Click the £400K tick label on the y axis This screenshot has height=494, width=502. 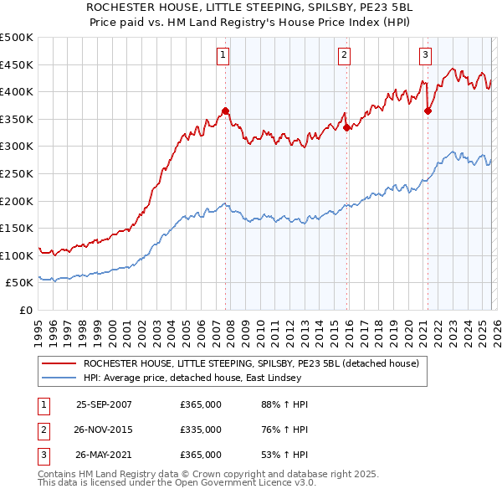pyautogui.click(x=17, y=92)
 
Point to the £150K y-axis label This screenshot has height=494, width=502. pyautogui.click(x=17, y=228)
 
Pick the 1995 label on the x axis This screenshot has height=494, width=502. pyautogui.click(x=38, y=332)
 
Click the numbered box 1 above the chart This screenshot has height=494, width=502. pyautogui.click(x=223, y=55)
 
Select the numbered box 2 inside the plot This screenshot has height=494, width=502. pyautogui.click(x=344, y=55)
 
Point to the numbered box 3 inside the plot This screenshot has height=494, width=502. pyautogui.click(x=425, y=55)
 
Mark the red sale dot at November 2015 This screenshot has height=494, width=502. pyautogui.click(x=346, y=127)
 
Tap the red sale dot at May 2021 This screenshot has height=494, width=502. pyautogui.click(x=428, y=111)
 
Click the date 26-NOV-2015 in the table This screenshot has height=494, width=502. pyautogui.click(x=104, y=430)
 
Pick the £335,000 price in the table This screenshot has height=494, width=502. pyautogui.click(x=201, y=430)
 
